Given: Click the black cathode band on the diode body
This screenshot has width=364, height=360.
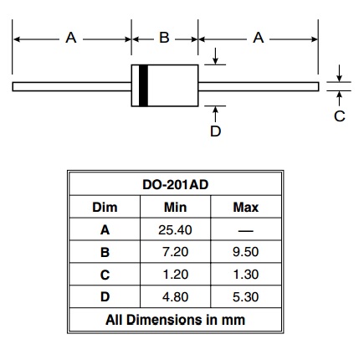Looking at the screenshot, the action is tap(143, 85).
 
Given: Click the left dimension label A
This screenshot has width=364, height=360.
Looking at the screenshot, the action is tap(71, 38).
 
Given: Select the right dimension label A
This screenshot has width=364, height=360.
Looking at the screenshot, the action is tap(259, 38).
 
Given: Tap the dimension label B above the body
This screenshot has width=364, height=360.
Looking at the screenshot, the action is tap(164, 38).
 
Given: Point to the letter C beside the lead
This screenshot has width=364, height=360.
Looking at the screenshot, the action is tap(340, 116).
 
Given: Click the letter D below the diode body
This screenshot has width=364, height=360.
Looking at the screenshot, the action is tap(215, 131).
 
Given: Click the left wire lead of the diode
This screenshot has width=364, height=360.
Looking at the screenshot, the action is tap(72, 86).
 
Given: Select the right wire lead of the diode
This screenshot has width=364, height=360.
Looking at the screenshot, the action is tap(259, 86).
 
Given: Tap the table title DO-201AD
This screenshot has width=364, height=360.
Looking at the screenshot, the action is tap(176, 185).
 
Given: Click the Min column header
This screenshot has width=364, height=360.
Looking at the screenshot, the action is tap(175, 208).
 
